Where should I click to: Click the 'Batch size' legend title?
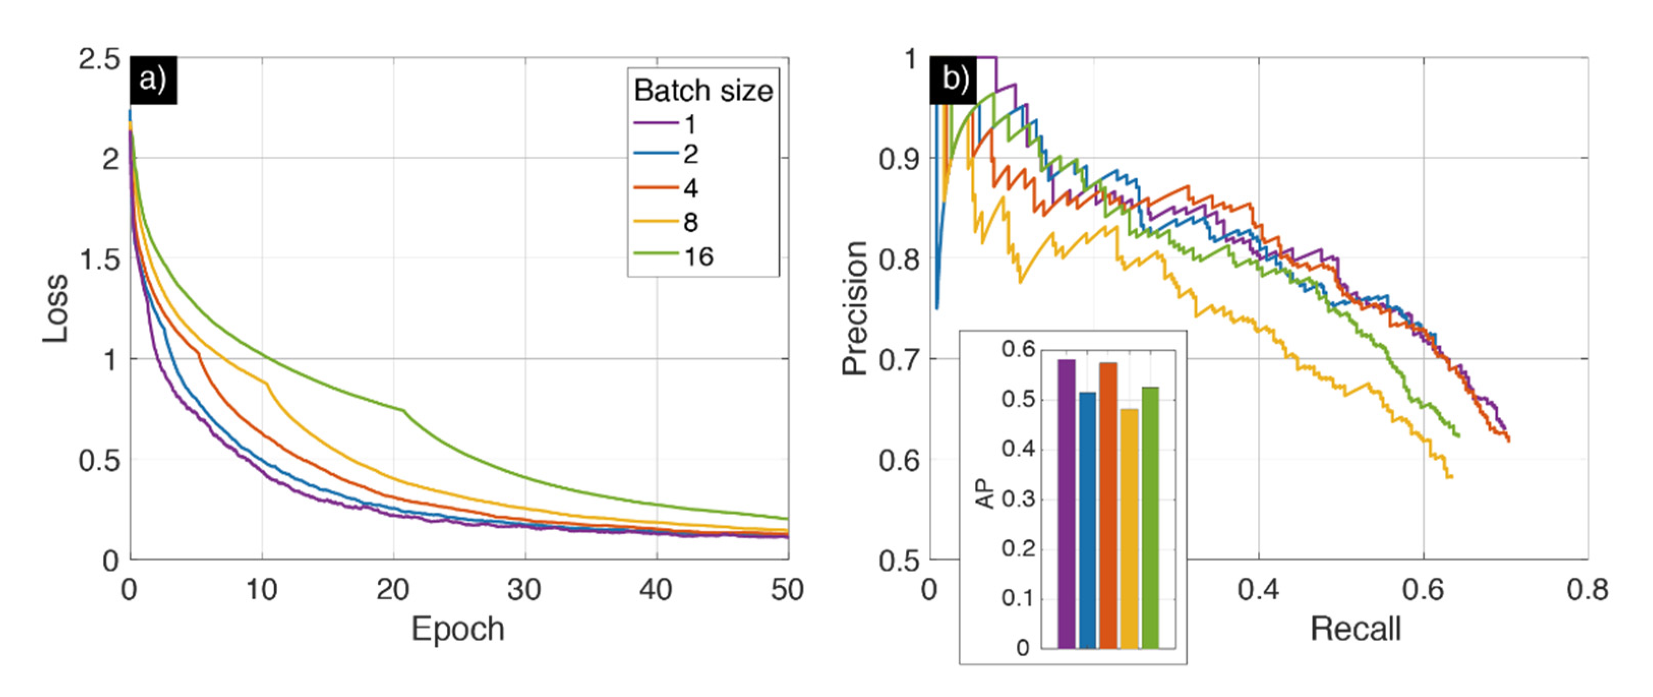coord(703,90)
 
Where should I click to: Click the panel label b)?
coord(954,81)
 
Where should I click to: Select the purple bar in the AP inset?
coord(1067,503)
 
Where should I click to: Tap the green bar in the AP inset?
coord(1150,518)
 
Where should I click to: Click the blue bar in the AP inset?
coord(1087,520)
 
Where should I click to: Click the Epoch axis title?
coord(458,629)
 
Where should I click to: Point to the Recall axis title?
coord(1355,629)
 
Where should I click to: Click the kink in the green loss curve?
coord(404,410)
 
